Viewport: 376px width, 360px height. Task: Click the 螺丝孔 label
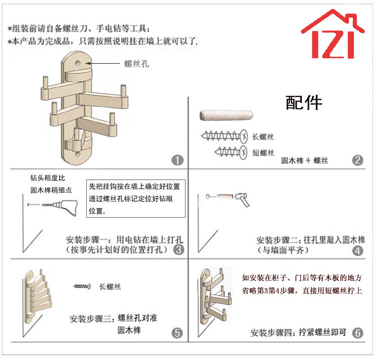tap(136, 64)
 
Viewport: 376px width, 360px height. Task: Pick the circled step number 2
tap(357, 160)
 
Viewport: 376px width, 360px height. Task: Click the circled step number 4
tap(357, 250)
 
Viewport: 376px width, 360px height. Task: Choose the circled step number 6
tap(357, 333)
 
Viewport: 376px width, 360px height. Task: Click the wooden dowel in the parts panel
tap(223, 116)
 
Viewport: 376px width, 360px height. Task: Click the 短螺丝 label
tap(263, 153)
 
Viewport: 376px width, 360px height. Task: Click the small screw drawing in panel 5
tap(83, 286)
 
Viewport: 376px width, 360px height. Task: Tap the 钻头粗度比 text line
tap(47, 178)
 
